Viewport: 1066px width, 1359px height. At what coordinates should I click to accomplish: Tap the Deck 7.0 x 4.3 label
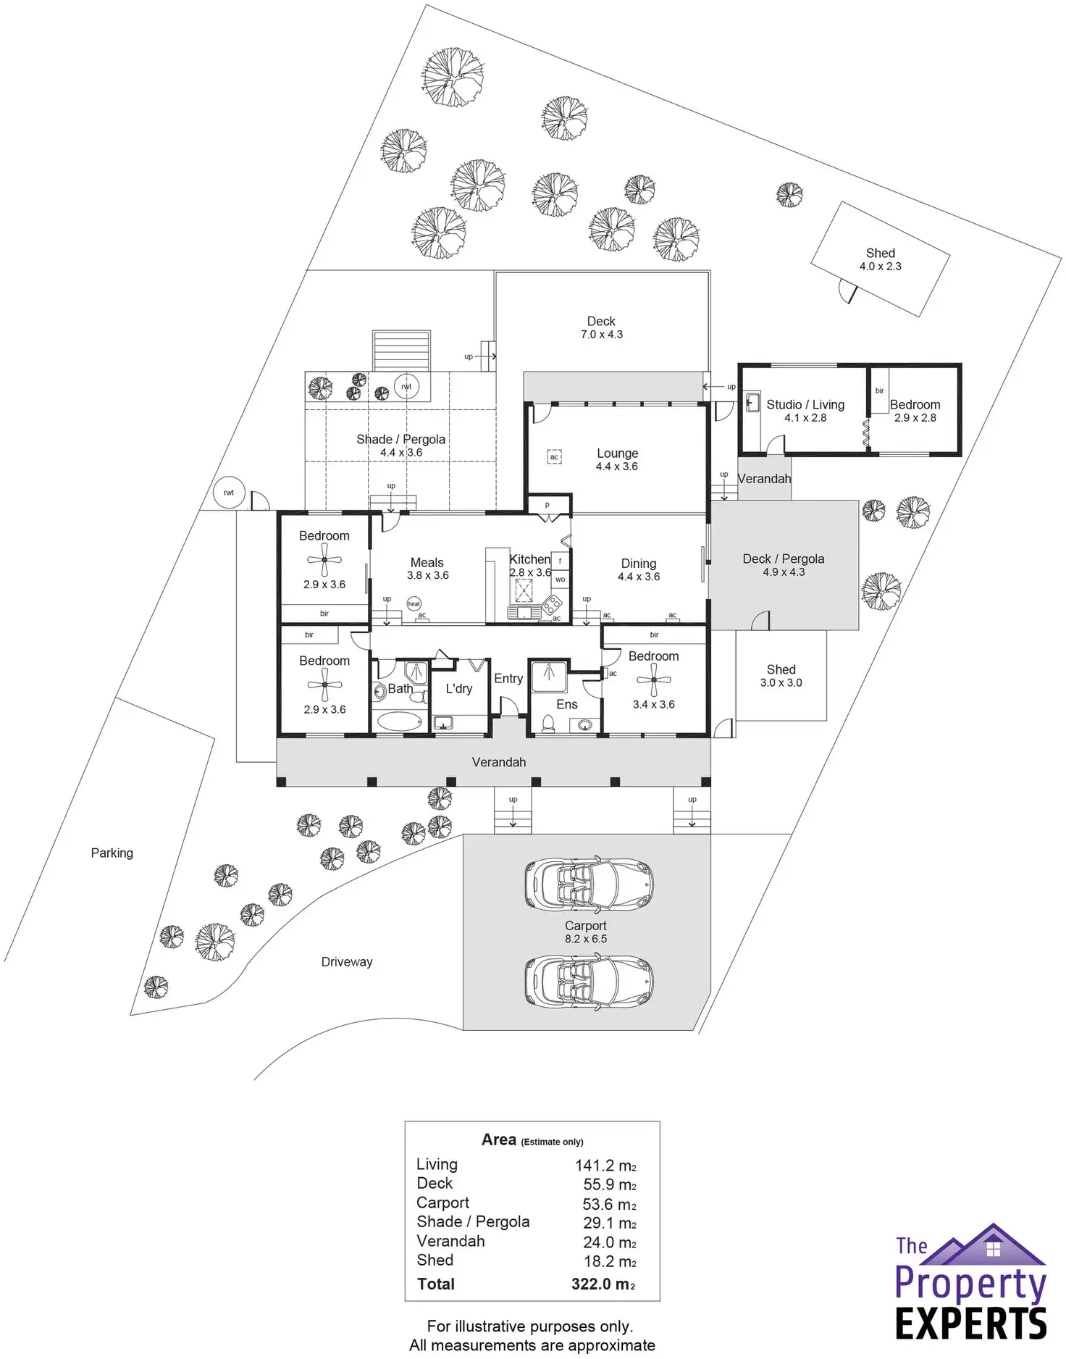(x=601, y=327)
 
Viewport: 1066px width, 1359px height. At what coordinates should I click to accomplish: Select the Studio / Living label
(x=805, y=405)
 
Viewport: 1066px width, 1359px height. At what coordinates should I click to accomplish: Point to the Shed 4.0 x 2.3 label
(x=880, y=259)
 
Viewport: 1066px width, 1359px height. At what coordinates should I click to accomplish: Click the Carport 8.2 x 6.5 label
(x=586, y=932)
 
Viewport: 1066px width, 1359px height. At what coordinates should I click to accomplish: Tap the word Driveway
(x=347, y=962)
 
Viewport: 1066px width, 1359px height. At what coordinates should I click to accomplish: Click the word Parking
(x=112, y=853)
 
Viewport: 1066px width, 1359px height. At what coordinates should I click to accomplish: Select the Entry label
(x=508, y=679)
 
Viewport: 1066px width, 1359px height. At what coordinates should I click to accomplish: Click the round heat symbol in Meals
(x=414, y=603)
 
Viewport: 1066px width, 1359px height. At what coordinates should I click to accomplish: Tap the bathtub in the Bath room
(x=400, y=721)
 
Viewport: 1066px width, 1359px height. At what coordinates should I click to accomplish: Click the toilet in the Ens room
(x=549, y=723)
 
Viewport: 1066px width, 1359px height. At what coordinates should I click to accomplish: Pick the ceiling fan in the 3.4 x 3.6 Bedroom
(x=654, y=680)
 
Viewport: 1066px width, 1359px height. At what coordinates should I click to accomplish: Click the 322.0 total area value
(x=603, y=1284)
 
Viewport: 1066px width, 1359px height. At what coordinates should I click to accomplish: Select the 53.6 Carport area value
(x=610, y=1204)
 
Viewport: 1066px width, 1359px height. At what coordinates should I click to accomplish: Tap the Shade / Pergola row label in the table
(x=473, y=1222)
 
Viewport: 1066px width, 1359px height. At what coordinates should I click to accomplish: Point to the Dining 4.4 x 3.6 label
(x=638, y=569)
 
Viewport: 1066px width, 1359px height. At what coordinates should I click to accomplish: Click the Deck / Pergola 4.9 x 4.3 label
(x=784, y=565)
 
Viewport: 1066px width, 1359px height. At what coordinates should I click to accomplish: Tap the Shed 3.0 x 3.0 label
(x=781, y=676)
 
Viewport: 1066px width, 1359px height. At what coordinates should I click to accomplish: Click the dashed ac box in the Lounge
(x=554, y=457)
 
